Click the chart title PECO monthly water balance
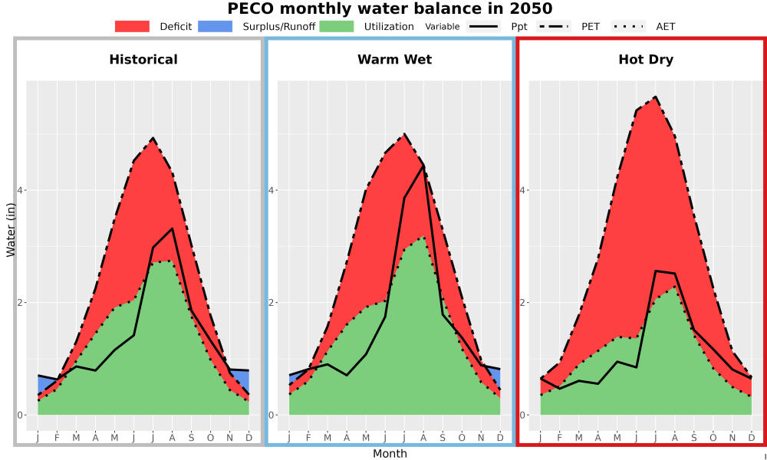click(390, 8)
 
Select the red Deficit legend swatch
click(132, 26)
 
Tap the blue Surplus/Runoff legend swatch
click(216, 26)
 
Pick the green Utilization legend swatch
click(337, 26)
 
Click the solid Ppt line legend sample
click(482, 26)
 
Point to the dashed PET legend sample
click(553, 26)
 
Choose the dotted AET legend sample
click(628, 26)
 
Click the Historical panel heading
click(143, 60)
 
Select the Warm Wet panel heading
click(395, 60)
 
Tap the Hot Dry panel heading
click(646, 60)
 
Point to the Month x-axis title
click(390, 454)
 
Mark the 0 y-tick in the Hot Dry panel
click(522, 415)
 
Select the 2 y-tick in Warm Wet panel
click(271, 302)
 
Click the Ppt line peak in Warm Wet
click(423, 166)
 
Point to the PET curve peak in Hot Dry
click(656, 97)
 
